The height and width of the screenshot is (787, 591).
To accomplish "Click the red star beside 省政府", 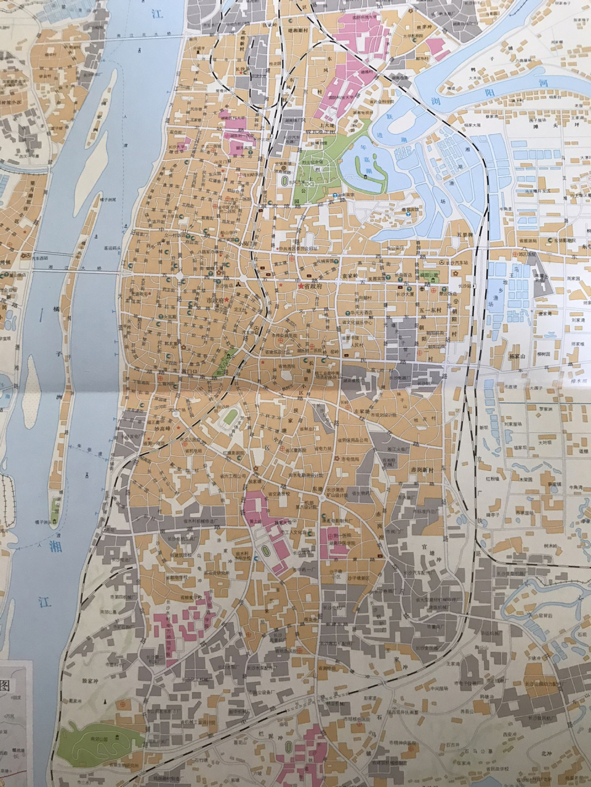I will [300, 286].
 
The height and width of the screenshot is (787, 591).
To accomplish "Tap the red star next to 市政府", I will [227, 299].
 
